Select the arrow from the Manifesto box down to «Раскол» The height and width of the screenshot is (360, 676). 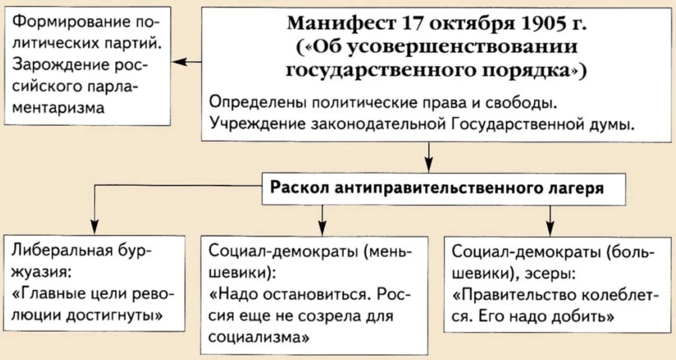428,156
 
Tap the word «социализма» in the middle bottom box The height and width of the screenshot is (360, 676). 259,337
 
